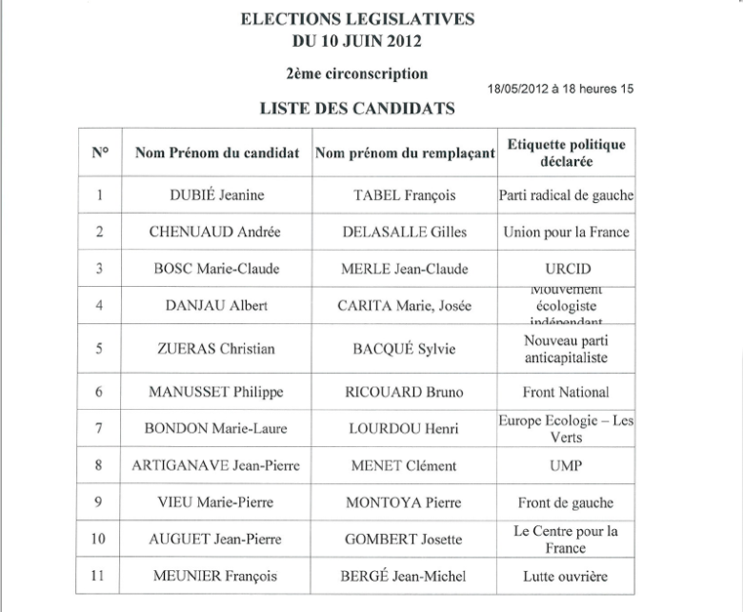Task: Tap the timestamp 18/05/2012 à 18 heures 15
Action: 560,89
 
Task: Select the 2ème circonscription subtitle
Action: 356,73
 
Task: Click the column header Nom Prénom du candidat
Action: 217,153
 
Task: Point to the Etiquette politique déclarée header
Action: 566,153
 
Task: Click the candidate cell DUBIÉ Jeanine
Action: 215,195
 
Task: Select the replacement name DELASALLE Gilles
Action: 404,232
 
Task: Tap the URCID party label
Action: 566,268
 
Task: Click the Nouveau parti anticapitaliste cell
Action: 566,348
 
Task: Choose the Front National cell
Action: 566,392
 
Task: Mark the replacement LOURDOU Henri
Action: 404,428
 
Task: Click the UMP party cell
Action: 566,467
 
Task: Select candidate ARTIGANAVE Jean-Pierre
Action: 215,467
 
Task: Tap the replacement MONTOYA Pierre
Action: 404,504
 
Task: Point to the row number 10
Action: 99,540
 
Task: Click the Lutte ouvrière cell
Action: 566,577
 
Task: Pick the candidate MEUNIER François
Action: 215,577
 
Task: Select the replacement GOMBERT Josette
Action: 404,540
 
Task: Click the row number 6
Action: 99,392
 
